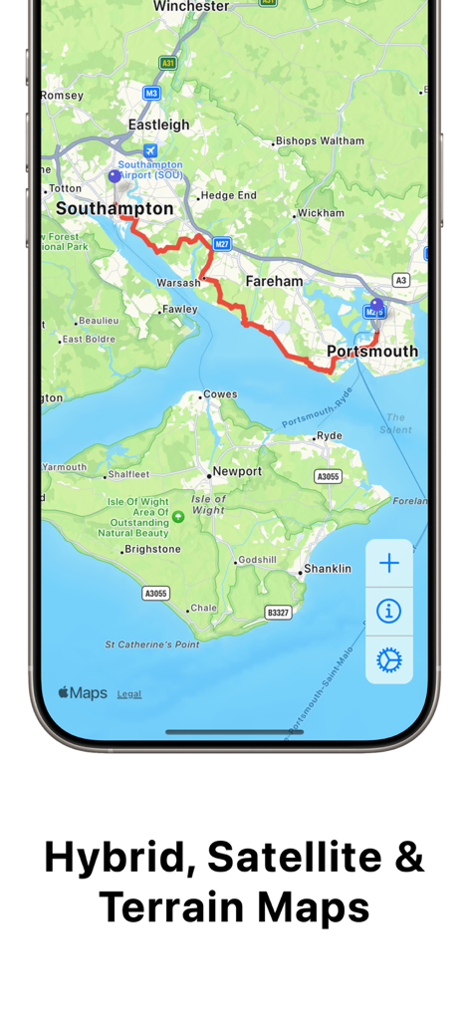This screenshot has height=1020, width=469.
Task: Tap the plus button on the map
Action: click(388, 563)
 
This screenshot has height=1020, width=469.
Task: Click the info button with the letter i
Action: click(388, 611)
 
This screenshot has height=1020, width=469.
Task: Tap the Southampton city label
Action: click(115, 209)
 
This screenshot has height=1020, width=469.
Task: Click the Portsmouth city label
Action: click(372, 351)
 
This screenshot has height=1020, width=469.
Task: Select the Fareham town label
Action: click(275, 281)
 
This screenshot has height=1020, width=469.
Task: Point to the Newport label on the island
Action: click(237, 471)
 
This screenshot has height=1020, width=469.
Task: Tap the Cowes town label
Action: click(220, 394)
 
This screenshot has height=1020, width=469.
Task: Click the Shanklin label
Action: click(327, 569)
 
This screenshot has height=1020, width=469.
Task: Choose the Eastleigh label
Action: click(158, 125)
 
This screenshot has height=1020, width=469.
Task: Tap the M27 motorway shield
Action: click(221, 244)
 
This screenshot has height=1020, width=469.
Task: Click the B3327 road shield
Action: click(278, 612)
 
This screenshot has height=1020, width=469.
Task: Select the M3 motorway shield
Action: click(151, 93)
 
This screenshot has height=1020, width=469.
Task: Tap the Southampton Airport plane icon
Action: click(150, 150)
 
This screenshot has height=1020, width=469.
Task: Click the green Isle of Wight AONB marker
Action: click(178, 516)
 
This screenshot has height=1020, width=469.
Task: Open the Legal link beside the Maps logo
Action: click(129, 694)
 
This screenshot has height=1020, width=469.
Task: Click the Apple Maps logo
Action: click(83, 693)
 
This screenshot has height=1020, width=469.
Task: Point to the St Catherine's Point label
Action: click(152, 644)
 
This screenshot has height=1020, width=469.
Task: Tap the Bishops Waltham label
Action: click(320, 141)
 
